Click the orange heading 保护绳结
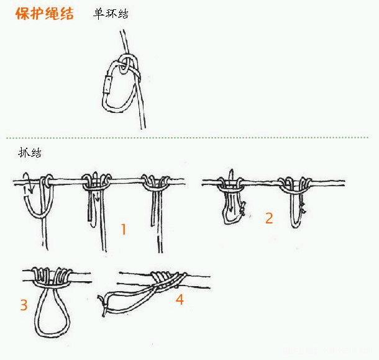pyautogui.click(x=45, y=13)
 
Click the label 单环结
pyautogui.click(x=111, y=14)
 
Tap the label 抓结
pyautogui.click(x=30, y=153)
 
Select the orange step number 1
pyautogui.click(x=124, y=229)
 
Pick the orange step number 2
pyautogui.click(x=269, y=218)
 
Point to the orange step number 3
pyautogui.click(x=24, y=305)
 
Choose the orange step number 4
pyautogui.click(x=180, y=300)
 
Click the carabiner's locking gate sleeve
pyautogui.click(x=107, y=84)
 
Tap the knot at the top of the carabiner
pyautogui.click(x=127, y=65)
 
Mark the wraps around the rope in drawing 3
pyautogui.click(x=52, y=277)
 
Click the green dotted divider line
pyautogui.click(x=187, y=138)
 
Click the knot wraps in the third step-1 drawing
pyautogui.click(x=156, y=182)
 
